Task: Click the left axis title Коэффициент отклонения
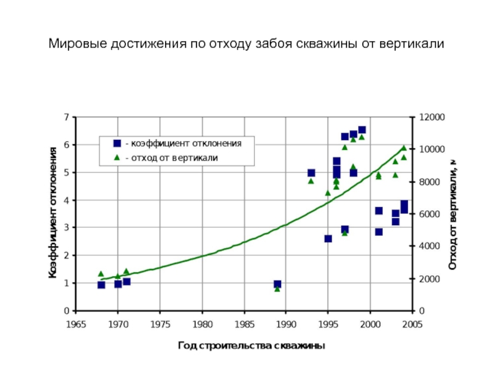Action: point(54,211)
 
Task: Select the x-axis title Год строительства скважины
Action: point(251,346)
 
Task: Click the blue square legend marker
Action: point(117,143)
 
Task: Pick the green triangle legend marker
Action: point(117,158)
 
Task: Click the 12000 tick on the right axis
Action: point(431,117)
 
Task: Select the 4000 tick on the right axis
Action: point(430,246)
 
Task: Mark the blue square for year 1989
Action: point(277,284)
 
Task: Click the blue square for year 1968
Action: point(101,285)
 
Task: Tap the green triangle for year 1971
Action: point(126,271)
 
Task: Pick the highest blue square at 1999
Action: point(362,130)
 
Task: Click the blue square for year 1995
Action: point(328,239)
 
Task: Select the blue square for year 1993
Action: point(311,173)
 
